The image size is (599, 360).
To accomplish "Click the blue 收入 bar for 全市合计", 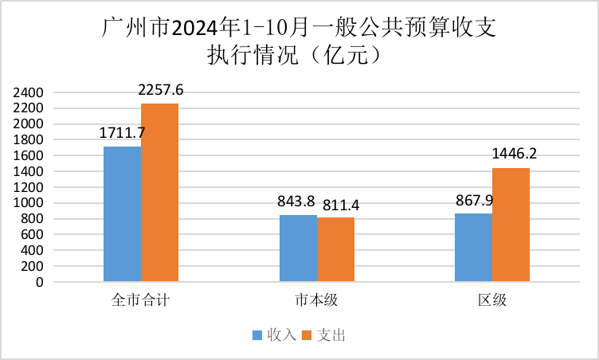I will point(123,213).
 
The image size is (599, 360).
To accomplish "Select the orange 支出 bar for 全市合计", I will point(160,192).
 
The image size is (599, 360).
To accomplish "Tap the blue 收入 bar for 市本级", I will point(298,248).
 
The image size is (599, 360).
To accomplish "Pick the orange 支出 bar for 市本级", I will point(335,249).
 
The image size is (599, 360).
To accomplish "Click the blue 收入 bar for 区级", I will point(473,247).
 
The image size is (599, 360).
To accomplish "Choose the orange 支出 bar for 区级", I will point(511,225).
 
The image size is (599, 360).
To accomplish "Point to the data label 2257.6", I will point(161,91).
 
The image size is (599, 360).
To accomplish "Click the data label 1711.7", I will point(123,133).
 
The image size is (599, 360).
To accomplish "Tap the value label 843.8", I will point(297,202).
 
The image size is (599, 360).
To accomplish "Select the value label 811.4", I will point(338,205).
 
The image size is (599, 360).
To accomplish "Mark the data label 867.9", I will point(473,200).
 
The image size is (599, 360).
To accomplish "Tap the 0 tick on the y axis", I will point(38,282).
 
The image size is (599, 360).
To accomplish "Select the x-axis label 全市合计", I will point(141,302).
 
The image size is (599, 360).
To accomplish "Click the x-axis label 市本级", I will point(316,302).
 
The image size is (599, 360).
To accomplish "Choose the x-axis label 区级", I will point(492,302).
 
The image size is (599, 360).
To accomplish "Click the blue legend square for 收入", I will point(256,335).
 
